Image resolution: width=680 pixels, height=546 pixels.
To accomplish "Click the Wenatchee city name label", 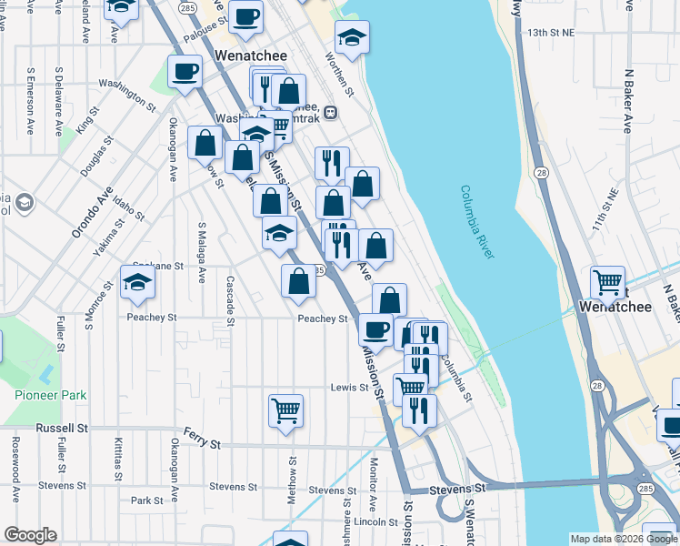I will [250, 56].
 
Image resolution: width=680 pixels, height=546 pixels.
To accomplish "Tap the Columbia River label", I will [476, 222].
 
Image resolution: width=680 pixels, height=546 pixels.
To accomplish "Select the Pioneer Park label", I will [51, 395].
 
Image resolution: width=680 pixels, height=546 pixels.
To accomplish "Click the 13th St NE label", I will [555, 32].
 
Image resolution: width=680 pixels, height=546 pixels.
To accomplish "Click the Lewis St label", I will [349, 388].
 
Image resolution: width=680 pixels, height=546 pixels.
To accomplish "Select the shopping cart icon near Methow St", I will [285, 410].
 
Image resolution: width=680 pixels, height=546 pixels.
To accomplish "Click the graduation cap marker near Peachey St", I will [138, 282].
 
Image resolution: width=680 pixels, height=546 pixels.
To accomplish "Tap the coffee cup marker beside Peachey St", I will [375, 329].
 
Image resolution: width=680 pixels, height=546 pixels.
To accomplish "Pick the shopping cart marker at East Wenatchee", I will [607, 282].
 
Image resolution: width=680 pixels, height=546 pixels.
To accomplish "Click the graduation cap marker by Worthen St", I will [352, 38].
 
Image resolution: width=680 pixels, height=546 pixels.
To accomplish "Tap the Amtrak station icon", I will [331, 113].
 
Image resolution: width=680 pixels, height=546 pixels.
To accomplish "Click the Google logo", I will [30, 535].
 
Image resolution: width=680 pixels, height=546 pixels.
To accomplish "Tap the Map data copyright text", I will [623, 539].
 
